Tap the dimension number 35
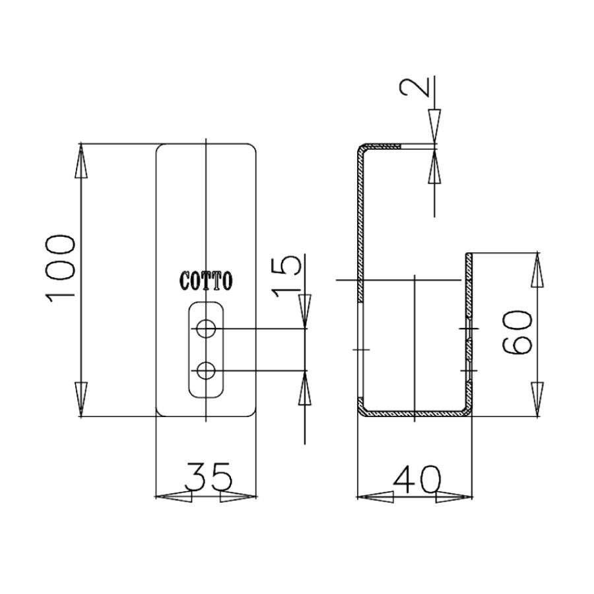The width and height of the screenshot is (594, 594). tap(208, 476)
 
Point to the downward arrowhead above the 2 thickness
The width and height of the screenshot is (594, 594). tap(434, 125)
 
